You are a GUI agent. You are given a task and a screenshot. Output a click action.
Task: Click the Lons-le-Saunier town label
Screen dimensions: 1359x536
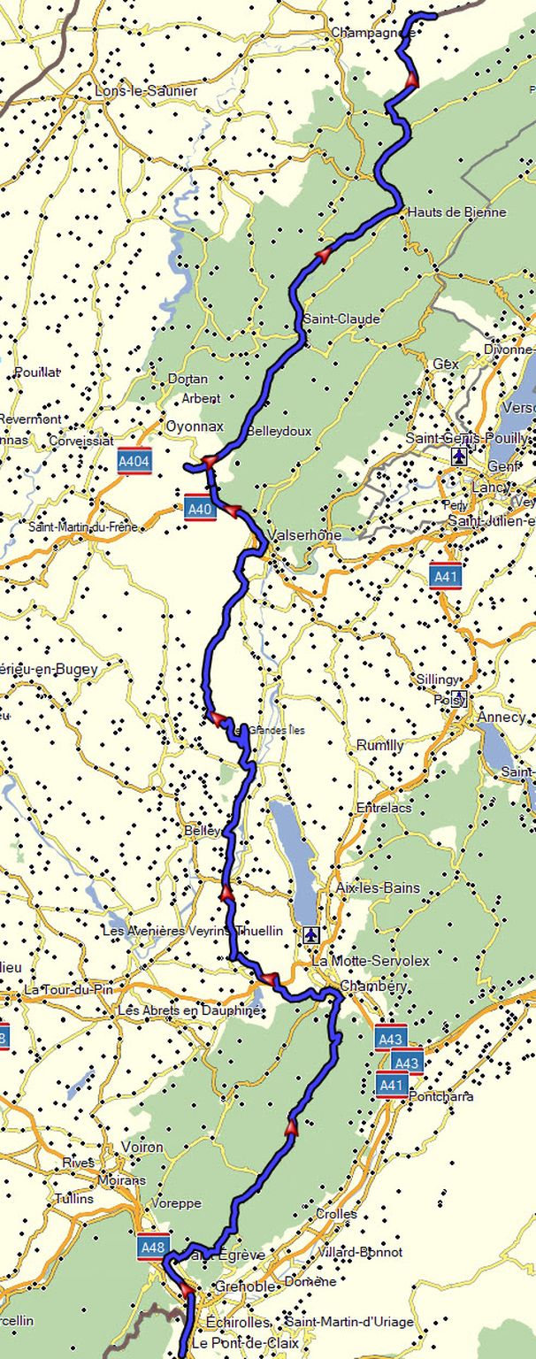(146, 90)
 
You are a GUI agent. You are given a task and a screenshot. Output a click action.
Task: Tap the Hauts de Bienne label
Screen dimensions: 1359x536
(457, 212)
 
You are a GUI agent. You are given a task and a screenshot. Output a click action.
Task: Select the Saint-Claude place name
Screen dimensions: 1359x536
(341, 319)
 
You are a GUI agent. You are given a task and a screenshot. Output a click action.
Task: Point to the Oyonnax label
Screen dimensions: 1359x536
(195, 426)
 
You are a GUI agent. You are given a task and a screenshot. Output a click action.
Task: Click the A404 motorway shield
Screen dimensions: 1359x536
(134, 460)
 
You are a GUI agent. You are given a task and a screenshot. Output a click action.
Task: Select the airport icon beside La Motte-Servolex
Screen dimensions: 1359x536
(310, 934)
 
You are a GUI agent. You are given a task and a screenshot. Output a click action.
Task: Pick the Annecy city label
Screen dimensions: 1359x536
(501, 717)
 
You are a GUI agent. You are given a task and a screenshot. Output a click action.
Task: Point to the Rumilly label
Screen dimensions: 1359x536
(379, 746)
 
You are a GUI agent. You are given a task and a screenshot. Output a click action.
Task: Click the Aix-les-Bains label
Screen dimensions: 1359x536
(379, 887)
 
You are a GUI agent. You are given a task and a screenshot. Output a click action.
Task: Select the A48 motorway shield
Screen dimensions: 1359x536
(153, 1248)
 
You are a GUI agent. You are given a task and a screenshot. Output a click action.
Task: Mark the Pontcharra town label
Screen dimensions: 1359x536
(441, 1096)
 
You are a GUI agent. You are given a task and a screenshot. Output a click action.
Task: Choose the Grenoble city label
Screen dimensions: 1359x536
(240, 1286)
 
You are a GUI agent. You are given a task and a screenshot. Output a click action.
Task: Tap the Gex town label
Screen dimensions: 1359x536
(446, 364)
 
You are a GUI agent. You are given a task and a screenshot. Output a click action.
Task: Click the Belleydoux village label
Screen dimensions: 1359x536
(279, 431)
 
